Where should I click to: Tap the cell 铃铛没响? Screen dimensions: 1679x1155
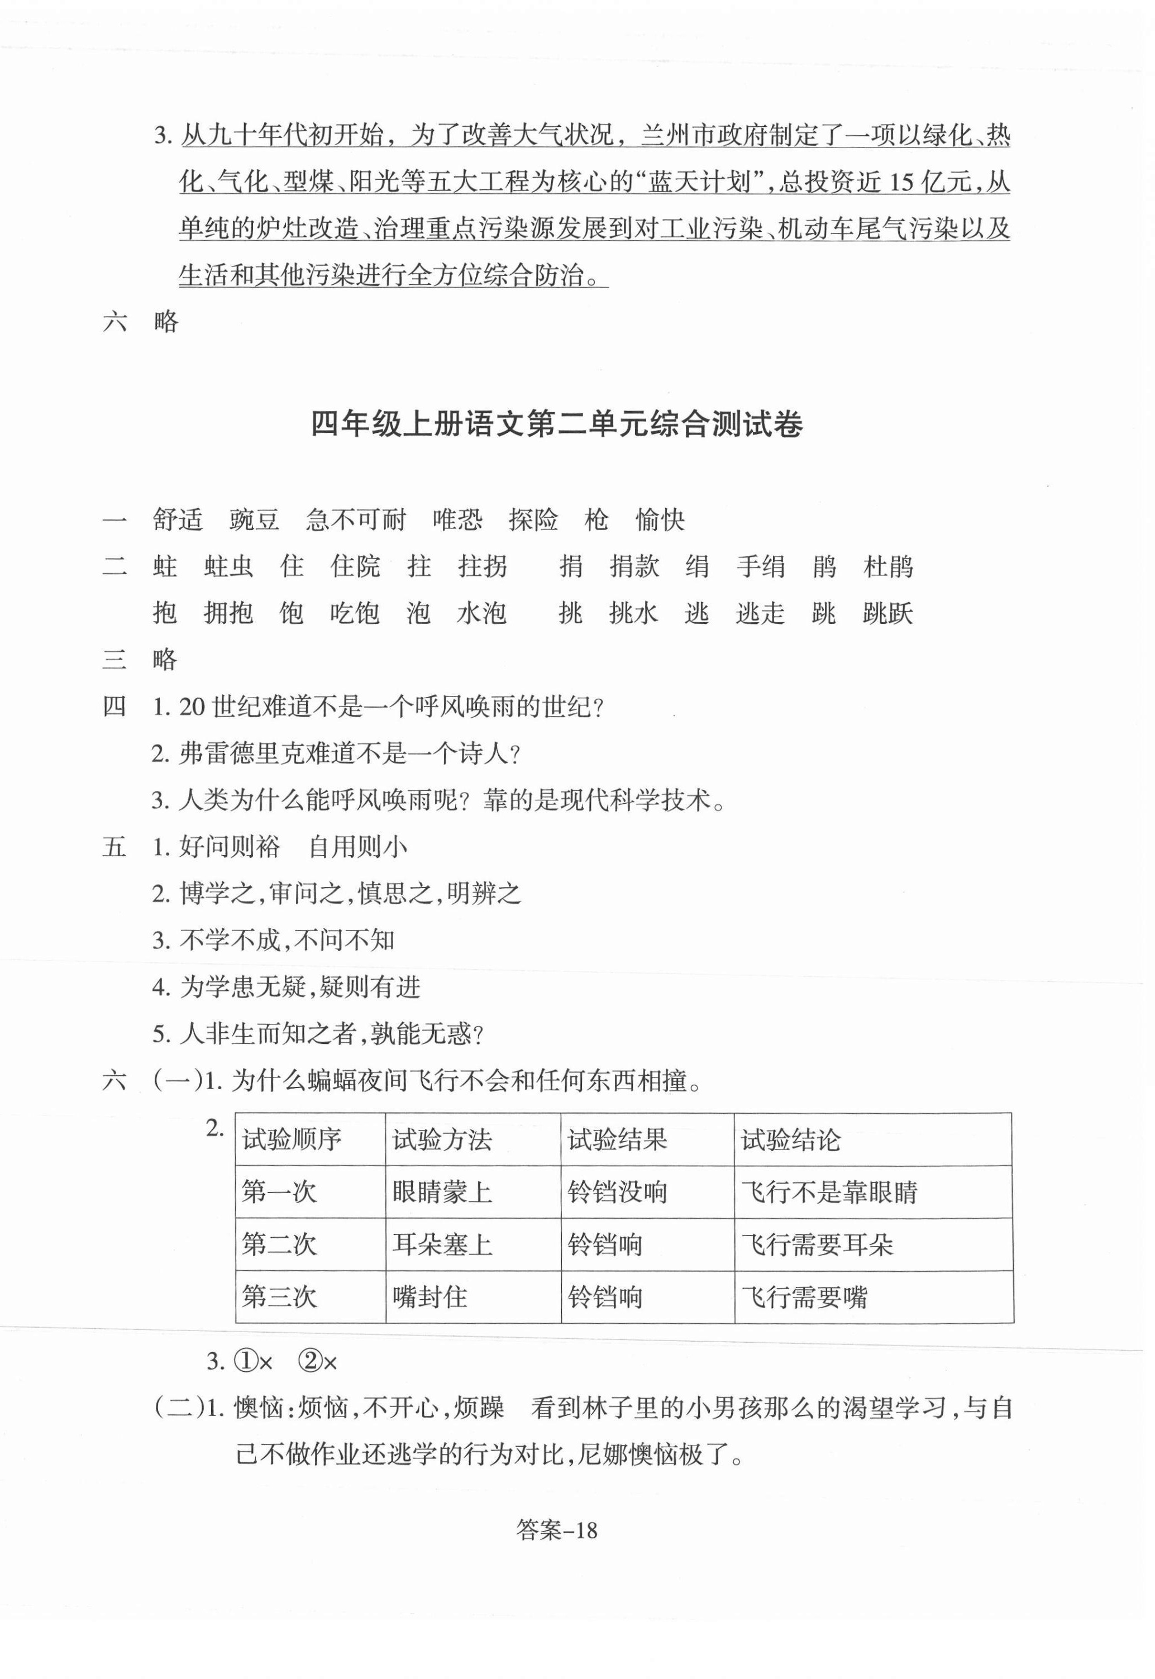pyautogui.click(x=617, y=1192)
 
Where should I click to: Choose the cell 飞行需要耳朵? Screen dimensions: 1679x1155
pyautogui.click(x=817, y=1244)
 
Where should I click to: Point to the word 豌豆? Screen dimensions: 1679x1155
pyautogui.click(x=254, y=519)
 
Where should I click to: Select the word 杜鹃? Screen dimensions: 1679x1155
pyautogui.click(x=888, y=566)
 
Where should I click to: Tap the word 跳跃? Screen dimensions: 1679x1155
pyautogui.click(x=888, y=613)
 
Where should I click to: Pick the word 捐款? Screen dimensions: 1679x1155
pyautogui.click(x=634, y=566)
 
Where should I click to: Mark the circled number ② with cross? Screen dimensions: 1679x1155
pyautogui.click(x=318, y=1362)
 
